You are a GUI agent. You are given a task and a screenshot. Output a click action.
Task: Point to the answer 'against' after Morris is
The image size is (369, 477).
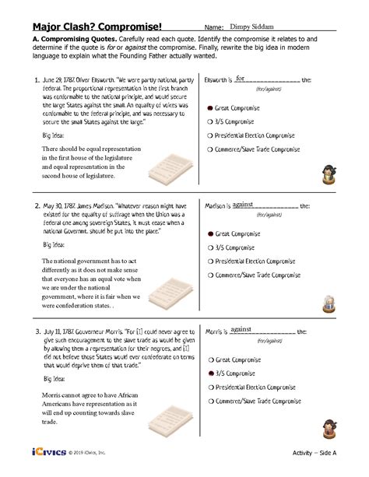point(242,331)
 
